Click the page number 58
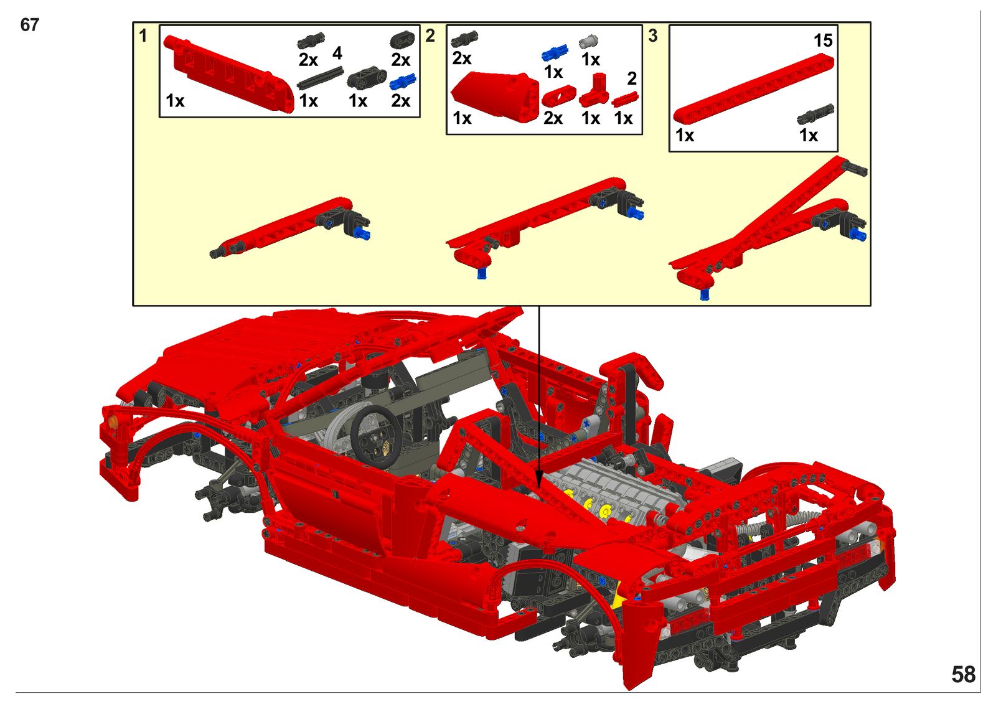[963, 675]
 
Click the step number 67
[29, 25]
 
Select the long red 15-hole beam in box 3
[753, 88]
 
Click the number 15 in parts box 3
[822, 40]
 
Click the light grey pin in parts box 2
[589, 41]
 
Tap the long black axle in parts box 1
[320, 77]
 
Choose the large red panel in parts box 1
[229, 73]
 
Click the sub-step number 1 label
[143, 35]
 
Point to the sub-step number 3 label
[653, 35]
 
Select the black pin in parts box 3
[815, 114]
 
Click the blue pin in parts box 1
[403, 82]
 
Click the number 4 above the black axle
[337, 54]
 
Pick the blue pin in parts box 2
[555, 54]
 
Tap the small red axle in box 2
[625, 99]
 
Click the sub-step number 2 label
[430, 35]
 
